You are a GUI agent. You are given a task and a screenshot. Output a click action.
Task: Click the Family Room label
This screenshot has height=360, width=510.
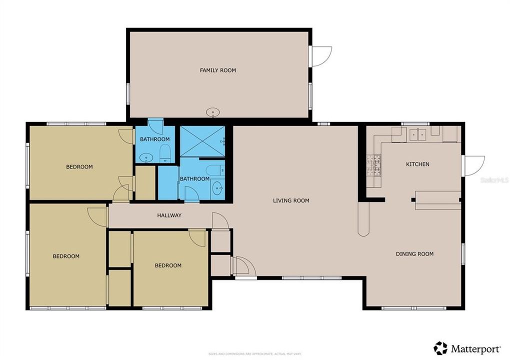coord(217,70)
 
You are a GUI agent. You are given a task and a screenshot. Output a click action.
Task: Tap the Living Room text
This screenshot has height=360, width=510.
coord(291,200)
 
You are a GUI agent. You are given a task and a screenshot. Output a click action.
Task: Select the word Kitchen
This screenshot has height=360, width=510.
coord(417,164)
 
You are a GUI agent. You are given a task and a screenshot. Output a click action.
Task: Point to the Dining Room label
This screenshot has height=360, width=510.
coord(414,254)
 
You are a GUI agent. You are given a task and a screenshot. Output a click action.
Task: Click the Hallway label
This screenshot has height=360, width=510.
coord(169,215)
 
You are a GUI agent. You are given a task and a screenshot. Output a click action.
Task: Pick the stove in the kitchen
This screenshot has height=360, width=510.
coord(373,165)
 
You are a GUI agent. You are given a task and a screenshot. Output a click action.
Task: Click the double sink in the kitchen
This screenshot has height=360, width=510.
coord(417,134)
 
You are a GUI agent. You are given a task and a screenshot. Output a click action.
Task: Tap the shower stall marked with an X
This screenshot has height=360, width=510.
coord(202,141)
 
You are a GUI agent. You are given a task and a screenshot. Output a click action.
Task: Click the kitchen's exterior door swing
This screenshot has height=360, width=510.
coord(473,165)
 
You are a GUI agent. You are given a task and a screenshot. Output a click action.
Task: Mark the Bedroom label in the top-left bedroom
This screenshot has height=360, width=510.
coord(79,167)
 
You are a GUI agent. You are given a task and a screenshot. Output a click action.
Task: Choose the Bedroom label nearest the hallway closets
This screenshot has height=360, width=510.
coord(167,265)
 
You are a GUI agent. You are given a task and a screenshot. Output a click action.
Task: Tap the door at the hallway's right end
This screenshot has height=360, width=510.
coord(219,221)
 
